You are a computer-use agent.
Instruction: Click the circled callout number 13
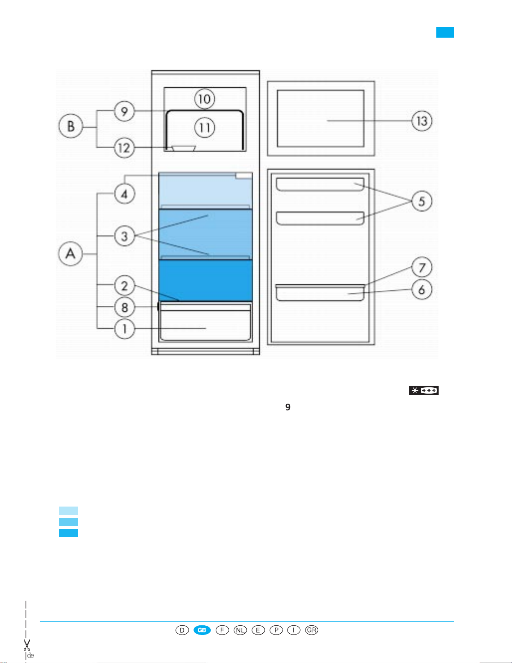[422, 121]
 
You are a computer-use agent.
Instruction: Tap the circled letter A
[70, 253]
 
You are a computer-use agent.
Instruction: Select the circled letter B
[71, 126]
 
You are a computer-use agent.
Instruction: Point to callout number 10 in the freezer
[204, 99]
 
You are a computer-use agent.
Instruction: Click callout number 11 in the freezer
[204, 128]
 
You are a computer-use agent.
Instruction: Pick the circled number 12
[125, 148]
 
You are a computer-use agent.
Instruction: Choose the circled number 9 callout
[125, 111]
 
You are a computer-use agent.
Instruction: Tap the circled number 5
[422, 201]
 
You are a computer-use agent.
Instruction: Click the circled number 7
[422, 268]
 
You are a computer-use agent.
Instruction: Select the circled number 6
[422, 289]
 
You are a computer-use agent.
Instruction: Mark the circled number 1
[125, 329]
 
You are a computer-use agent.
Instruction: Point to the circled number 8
[125, 307]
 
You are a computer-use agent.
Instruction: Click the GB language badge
[202, 630]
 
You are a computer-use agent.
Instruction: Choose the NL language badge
[240, 630]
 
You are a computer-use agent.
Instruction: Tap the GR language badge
[311, 630]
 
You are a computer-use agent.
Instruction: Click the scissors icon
[27, 645]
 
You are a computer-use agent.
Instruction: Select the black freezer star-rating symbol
[424, 391]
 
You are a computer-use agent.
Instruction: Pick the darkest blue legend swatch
[69, 533]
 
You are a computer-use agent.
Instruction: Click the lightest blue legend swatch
[69, 510]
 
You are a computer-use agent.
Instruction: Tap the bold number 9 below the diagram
[288, 407]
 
